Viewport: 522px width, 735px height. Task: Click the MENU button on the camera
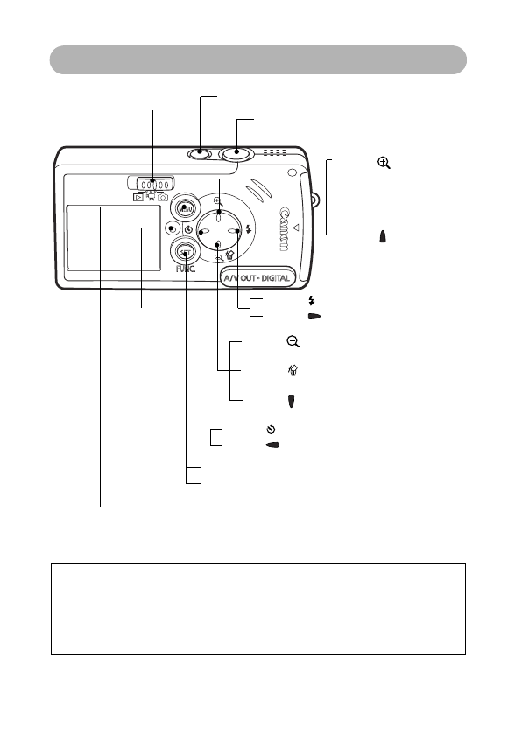point(185,209)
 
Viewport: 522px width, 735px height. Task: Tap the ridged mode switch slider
point(152,184)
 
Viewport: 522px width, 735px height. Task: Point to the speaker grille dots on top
point(276,155)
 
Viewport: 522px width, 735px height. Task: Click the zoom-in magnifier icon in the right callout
point(383,164)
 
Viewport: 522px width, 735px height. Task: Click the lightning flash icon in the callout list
point(313,301)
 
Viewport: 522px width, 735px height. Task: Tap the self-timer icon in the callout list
point(272,430)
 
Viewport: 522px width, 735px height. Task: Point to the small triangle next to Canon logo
point(295,229)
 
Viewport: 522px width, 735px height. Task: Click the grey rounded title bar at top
point(257,60)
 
